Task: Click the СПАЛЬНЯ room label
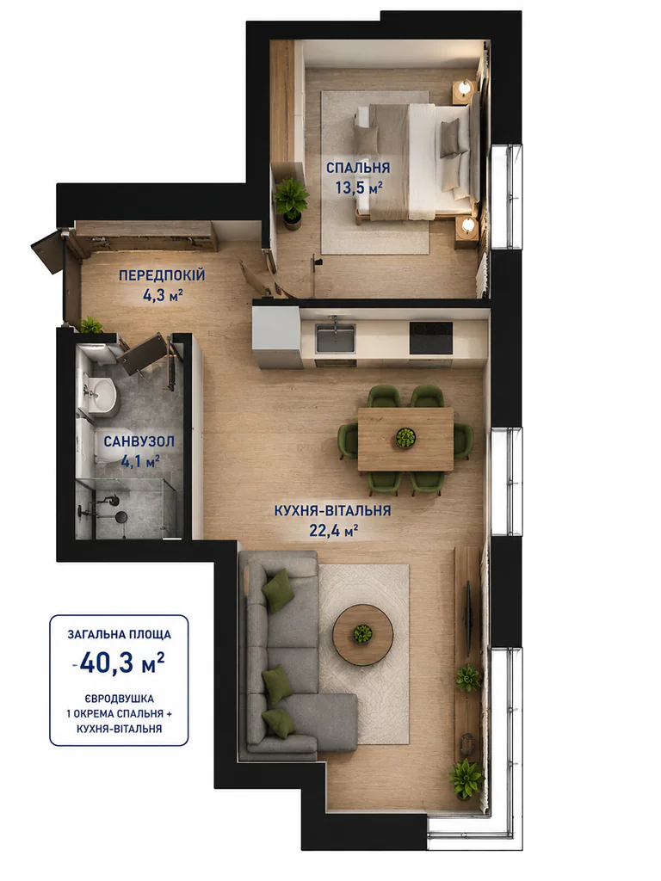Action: click(x=358, y=168)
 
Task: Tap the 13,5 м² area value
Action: click(x=359, y=188)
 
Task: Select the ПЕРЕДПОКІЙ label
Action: click(x=162, y=275)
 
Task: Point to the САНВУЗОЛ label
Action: click(x=139, y=441)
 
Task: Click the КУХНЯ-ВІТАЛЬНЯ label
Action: click(x=333, y=511)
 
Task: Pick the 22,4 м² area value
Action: click(x=334, y=530)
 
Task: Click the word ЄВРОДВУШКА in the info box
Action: click(x=119, y=699)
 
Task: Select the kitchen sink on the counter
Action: click(x=335, y=337)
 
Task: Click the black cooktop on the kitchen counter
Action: click(x=431, y=337)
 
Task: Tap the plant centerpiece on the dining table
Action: click(x=405, y=438)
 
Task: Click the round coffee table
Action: click(x=362, y=635)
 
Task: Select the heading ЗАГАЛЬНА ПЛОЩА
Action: click(x=119, y=635)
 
